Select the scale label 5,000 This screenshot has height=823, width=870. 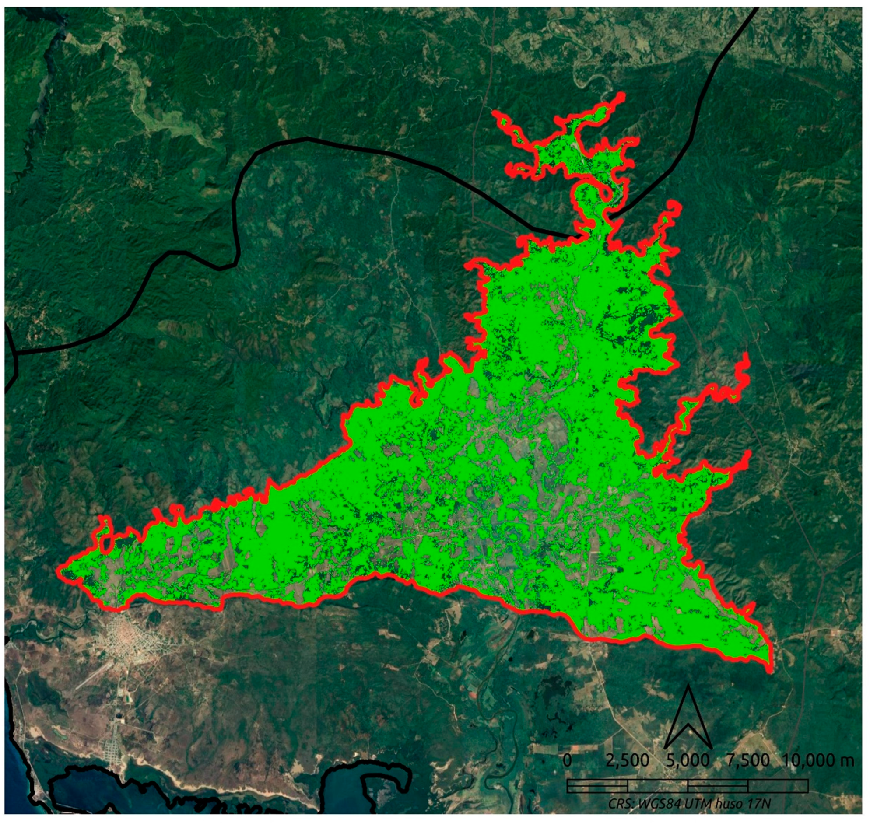click(688, 760)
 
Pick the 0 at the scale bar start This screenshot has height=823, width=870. click(567, 760)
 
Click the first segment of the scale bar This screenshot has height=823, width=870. click(597, 782)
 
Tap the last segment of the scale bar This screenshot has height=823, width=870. click(778, 782)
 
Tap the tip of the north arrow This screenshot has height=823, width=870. click(688, 686)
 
